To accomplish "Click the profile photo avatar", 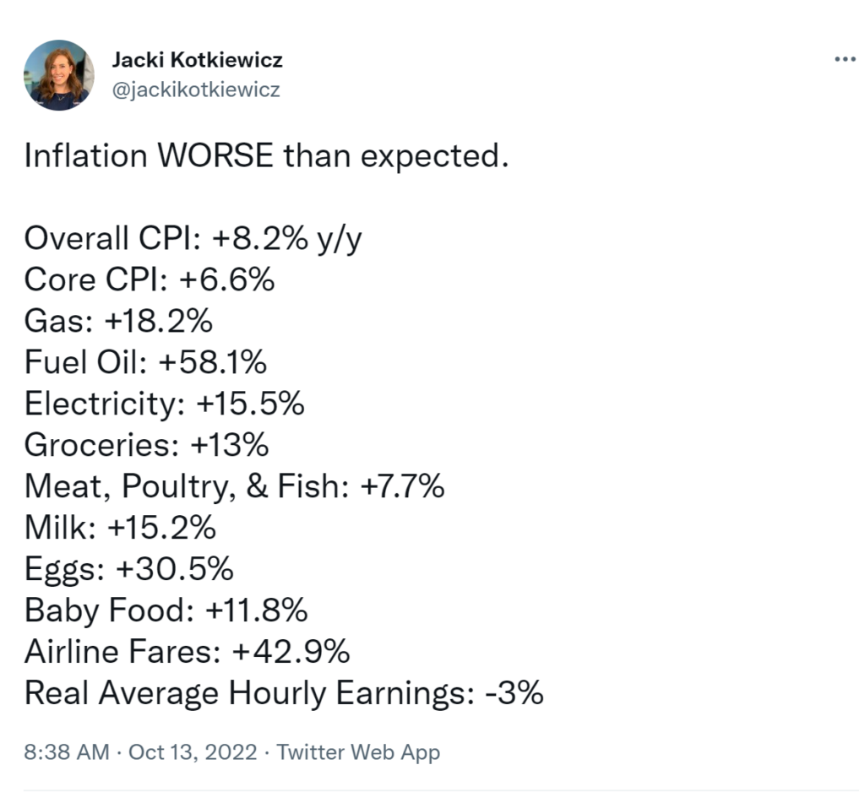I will pyautogui.click(x=59, y=75).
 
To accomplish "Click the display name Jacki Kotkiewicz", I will pyautogui.click(x=197, y=60).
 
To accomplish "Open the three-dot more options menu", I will pyautogui.click(x=844, y=60).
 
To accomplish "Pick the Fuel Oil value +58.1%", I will pyautogui.click(x=212, y=363).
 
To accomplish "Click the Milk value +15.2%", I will pyautogui.click(x=161, y=528).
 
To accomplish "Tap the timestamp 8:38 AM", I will pyautogui.click(x=67, y=751).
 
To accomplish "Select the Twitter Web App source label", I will pyautogui.click(x=358, y=751).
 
